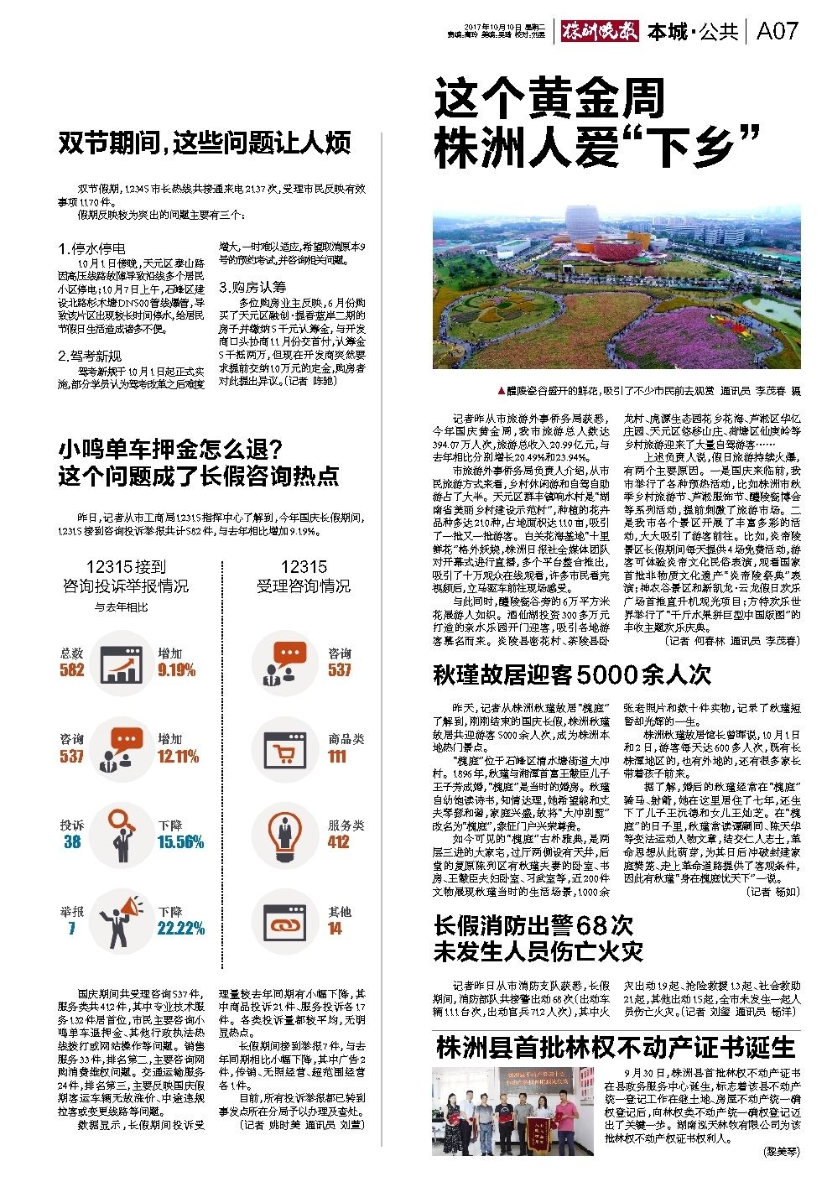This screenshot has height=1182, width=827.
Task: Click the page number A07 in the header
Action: [x=777, y=32]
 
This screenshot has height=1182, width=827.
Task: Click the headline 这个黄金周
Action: [x=549, y=99]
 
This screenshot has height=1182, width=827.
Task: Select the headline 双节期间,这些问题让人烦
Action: [x=205, y=143]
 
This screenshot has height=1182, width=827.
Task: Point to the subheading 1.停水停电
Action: [x=92, y=248]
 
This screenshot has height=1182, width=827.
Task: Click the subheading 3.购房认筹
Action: [x=252, y=287]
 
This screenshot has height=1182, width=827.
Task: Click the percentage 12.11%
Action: [x=178, y=756]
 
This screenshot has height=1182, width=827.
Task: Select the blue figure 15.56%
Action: [x=180, y=841]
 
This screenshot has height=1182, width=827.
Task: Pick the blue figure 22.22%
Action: [x=180, y=928]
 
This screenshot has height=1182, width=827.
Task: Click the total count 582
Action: [x=72, y=669]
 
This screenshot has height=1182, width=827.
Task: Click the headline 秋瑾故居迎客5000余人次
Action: [x=571, y=674]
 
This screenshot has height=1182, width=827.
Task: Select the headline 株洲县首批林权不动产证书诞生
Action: [x=616, y=1048]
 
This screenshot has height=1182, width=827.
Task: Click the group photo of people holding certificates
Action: [x=516, y=1111]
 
